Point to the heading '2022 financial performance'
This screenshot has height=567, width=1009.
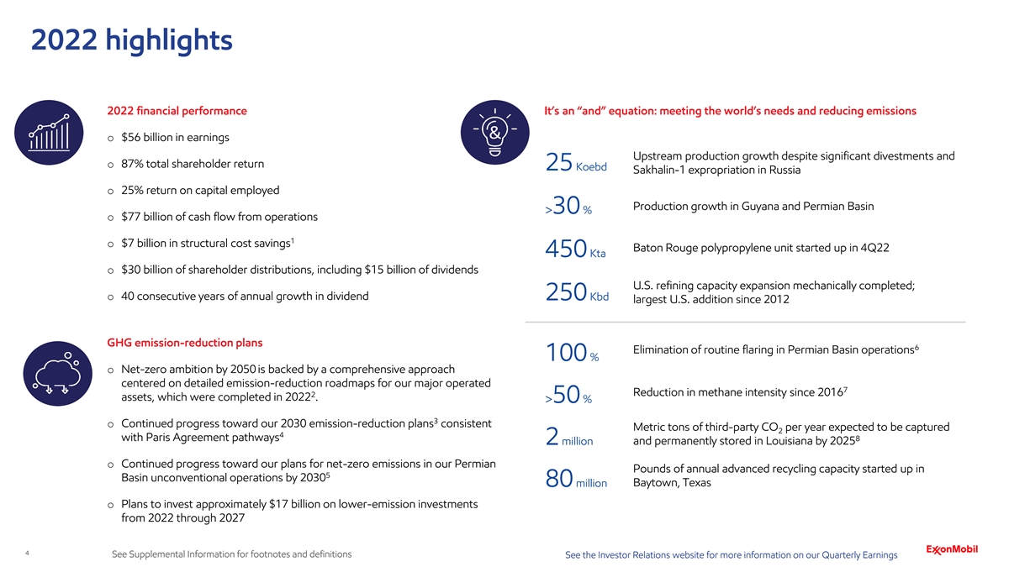click(177, 111)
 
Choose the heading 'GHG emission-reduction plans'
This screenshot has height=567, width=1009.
click(185, 343)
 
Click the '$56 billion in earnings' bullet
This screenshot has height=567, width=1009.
click(175, 138)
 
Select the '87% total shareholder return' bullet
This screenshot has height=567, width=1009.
click(193, 164)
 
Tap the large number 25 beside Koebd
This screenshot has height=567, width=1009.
click(559, 166)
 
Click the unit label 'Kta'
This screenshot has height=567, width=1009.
click(599, 255)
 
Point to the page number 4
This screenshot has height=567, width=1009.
click(29, 554)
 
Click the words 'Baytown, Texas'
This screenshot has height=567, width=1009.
click(671, 483)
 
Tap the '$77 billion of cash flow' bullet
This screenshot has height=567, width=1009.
click(219, 217)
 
